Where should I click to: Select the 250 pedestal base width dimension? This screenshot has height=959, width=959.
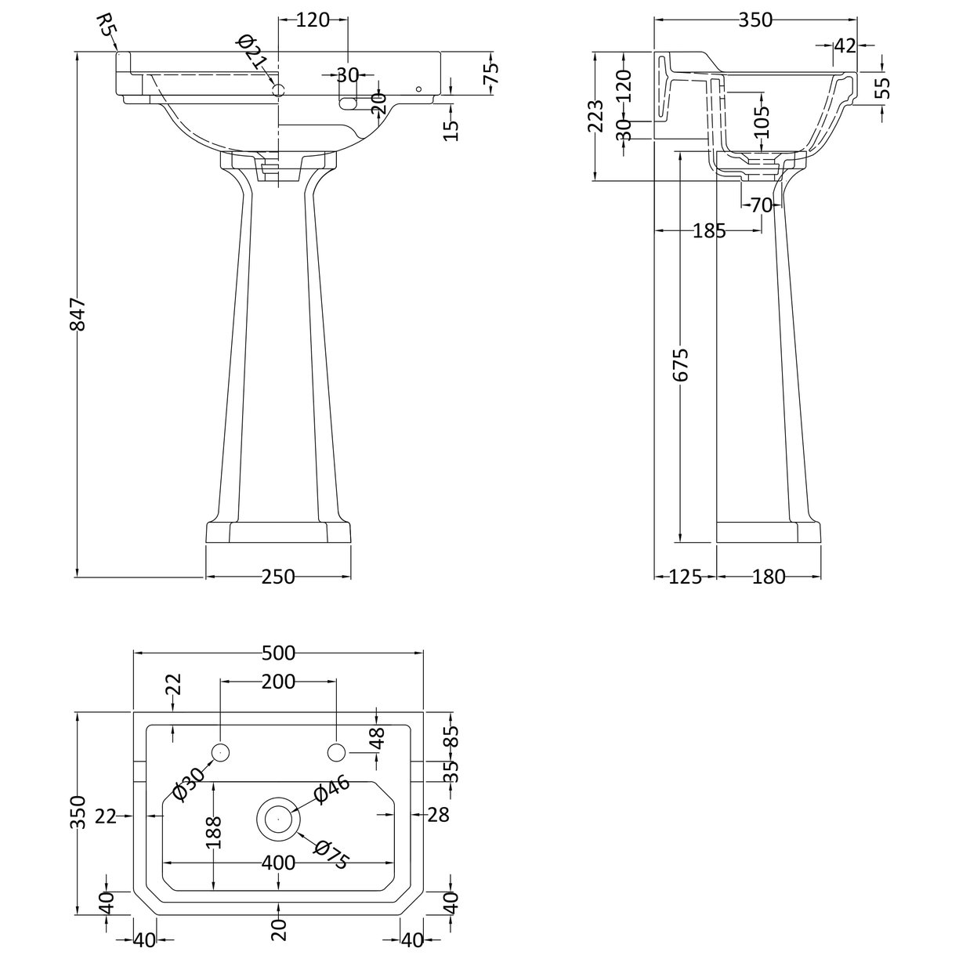(x=278, y=577)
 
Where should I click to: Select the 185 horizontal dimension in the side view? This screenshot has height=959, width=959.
(x=709, y=230)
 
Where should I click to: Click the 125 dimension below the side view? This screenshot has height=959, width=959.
(x=685, y=577)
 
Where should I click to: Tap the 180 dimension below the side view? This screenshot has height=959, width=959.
(x=768, y=577)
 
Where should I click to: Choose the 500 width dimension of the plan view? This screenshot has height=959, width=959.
(x=278, y=652)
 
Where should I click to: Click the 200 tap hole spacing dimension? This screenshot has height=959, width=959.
(x=278, y=682)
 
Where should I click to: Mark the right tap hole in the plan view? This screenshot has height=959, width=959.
(x=336, y=753)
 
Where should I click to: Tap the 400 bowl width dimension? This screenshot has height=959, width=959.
(x=278, y=863)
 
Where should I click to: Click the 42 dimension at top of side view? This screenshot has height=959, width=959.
(x=844, y=45)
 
